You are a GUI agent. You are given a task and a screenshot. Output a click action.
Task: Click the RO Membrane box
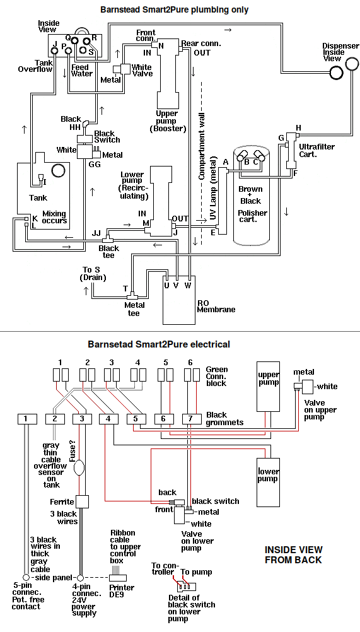click(179, 300)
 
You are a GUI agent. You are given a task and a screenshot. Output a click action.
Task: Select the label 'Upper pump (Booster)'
click(167, 121)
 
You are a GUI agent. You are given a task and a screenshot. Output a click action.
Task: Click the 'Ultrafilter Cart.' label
click(316, 150)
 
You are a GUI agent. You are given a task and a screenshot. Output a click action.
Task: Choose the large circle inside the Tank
click(59, 170)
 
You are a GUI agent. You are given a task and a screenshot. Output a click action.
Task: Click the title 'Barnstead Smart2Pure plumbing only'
click(174, 9)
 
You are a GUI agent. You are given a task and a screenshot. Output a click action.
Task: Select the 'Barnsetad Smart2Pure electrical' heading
click(159, 344)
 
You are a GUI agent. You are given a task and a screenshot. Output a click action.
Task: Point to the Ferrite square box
click(82, 502)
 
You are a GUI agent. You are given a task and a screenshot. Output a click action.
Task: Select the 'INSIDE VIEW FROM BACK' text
click(293, 554)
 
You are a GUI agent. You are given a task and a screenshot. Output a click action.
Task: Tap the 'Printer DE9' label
click(121, 591)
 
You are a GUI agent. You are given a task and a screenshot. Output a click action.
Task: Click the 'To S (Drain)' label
click(93, 273)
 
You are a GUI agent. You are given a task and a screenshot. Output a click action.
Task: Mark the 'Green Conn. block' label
click(217, 376)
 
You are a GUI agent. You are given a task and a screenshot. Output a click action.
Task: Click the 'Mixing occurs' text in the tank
click(54, 217)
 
